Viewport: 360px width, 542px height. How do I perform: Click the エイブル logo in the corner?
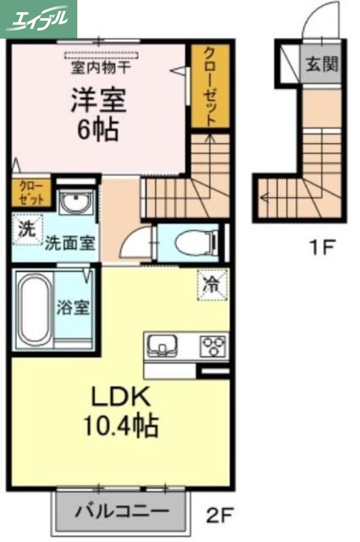click(39, 18)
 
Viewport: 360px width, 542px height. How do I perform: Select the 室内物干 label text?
click(101, 67)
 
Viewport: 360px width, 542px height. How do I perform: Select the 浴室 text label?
click(73, 308)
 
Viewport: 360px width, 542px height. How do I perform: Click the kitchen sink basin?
click(163, 346)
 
